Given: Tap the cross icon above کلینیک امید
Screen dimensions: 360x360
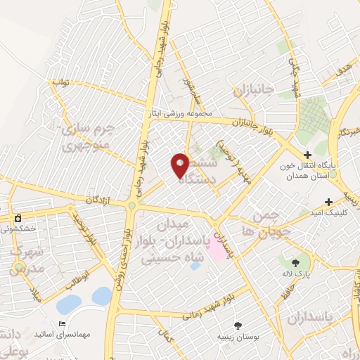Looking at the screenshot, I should tap(349, 201).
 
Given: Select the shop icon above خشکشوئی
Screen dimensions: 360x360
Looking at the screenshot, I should tap(18, 217).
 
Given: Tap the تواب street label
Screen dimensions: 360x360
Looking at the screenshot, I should tap(60, 82).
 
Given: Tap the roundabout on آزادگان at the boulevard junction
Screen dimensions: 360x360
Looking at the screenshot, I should tap(131, 205).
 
